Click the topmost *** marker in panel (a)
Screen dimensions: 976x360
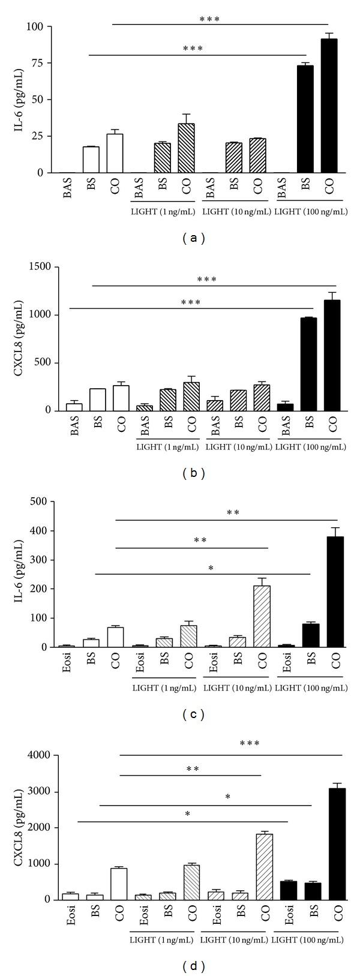(209, 19)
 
